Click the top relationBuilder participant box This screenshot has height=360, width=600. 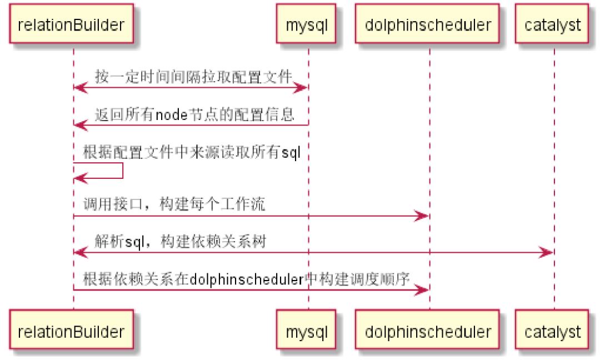click(71, 24)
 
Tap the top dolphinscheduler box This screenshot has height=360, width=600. click(428, 24)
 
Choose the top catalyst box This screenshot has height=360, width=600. click(553, 24)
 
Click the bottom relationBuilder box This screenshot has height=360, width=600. click(71, 332)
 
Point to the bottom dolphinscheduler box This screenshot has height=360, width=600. click(428, 332)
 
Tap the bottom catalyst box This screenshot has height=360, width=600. click(553, 332)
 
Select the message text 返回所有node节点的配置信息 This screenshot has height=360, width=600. click(194, 114)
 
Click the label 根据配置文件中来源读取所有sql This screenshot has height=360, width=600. click(192, 152)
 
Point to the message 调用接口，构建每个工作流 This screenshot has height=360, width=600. click(174, 204)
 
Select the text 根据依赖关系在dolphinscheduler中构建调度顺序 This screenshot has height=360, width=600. click(247, 279)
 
